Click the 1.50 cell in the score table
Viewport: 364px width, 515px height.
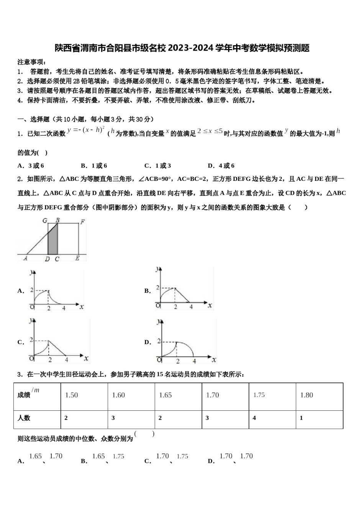tap(72, 395)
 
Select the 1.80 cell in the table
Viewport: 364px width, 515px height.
tap(307, 395)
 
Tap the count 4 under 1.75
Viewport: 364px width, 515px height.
tap(254, 418)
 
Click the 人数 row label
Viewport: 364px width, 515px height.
tap(24, 418)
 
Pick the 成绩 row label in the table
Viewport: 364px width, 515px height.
tap(24, 395)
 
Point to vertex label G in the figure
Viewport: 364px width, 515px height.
tap(44, 221)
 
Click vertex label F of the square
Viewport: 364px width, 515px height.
tap(82, 221)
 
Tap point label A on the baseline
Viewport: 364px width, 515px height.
tap(25, 259)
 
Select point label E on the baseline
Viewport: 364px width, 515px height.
tap(77, 259)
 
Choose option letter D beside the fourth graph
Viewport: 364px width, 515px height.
tap(148, 342)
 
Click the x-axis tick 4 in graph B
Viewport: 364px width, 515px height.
tap(191, 307)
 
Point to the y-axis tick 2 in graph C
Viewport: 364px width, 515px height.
tap(31, 341)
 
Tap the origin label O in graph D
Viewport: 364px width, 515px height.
tap(159, 359)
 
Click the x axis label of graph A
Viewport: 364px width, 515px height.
tap(82, 306)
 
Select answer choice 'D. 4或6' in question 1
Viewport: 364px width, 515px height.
tap(221, 166)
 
